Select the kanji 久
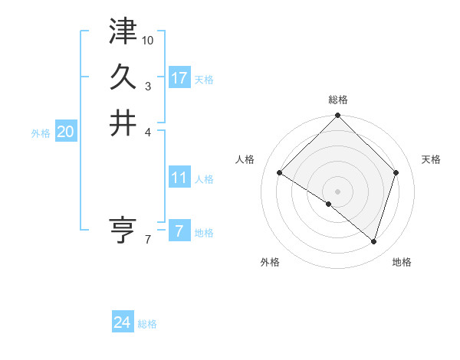pos(123,77)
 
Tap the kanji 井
pos(123,123)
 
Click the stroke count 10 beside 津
pos(148,40)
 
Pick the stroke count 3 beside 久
pos(148,86)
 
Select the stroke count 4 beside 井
pos(148,132)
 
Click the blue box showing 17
pos(179,78)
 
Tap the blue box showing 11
pos(179,178)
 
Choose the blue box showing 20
pos(65,132)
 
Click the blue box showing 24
pos(122,322)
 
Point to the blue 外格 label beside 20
pos(41,133)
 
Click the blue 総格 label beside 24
pos(147,324)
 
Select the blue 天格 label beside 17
pos(204,80)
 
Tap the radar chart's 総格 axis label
pos(338,100)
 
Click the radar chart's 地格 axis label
pos(402,263)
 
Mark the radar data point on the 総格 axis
pos(337,116)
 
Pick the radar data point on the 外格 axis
pos(329,204)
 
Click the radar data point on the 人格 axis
pos(280,173)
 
